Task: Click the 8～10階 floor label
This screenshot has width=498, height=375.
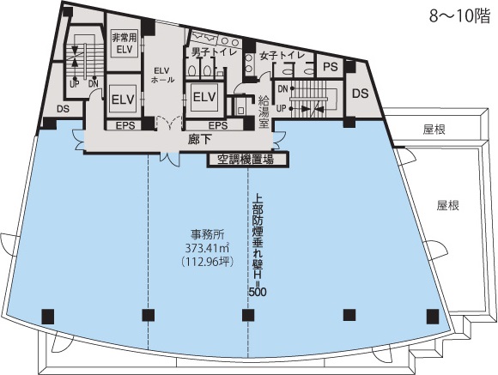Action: [460, 16]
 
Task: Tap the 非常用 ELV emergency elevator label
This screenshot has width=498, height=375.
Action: [125, 44]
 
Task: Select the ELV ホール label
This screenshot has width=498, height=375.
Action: [162, 75]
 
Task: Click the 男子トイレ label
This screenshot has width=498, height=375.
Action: [214, 51]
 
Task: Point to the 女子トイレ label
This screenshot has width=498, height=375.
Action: [282, 56]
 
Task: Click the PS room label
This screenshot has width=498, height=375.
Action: [331, 67]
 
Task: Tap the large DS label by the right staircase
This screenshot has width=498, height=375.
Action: [361, 94]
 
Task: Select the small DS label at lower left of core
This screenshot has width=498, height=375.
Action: [63, 109]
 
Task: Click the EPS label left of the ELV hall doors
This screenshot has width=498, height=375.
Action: [125, 125]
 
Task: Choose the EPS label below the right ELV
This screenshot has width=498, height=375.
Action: [218, 125]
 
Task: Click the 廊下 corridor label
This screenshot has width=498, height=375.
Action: [200, 140]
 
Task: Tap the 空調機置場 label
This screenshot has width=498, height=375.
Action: [246, 160]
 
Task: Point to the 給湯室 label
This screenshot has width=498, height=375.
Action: [264, 112]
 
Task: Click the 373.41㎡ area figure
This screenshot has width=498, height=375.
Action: [208, 247]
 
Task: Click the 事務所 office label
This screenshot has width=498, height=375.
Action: [208, 234]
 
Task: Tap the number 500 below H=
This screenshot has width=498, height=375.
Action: [258, 292]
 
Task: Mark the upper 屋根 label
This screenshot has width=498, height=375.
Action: [434, 130]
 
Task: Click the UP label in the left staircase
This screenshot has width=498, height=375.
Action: [75, 84]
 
